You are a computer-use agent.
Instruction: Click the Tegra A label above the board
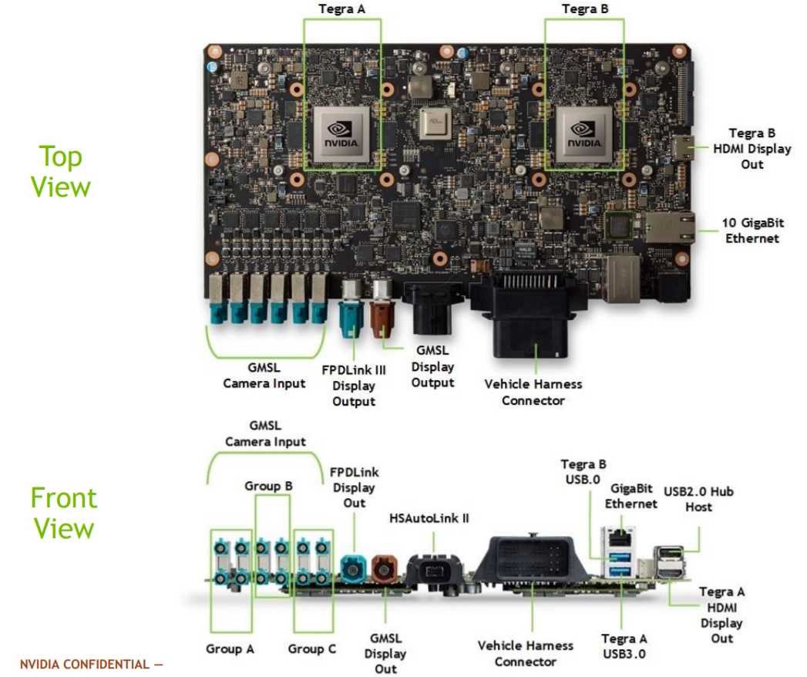[341, 9]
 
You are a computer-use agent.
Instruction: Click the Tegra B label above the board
[583, 9]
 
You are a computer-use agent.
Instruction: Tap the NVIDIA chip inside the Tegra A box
[345, 134]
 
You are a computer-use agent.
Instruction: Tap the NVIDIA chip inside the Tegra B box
[583, 134]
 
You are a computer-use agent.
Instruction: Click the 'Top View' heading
[61, 171]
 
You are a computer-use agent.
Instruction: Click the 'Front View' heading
[63, 513]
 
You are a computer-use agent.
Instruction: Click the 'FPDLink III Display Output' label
[354, 386]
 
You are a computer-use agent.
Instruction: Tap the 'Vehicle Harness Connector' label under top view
[533, 392]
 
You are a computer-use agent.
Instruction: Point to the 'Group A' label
[230, 648]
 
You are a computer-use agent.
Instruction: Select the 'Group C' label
[312, 648]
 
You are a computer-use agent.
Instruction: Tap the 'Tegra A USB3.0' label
[624, 646]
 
